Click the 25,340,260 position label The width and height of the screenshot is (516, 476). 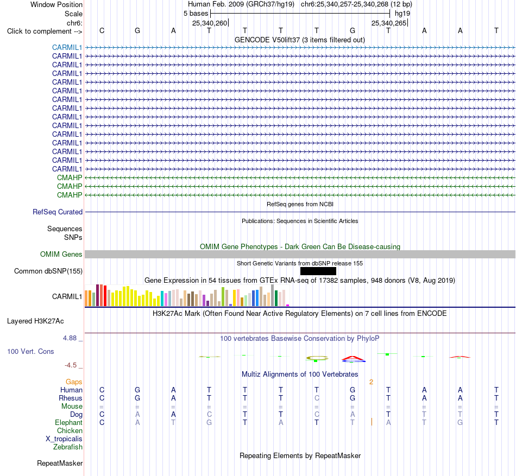(x=210, y=23)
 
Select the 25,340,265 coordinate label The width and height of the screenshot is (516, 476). (x=389, y=23)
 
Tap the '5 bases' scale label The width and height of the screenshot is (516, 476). (x=196, y=14)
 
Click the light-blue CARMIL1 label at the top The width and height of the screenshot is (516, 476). (x=67, y=47)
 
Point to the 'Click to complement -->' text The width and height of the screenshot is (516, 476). (x=45, y=31)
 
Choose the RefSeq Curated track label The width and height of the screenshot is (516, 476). (x=58, y=212)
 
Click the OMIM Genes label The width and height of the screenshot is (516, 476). (x=61, y=254)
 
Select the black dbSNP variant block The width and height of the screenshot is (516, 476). (x=318, y=271)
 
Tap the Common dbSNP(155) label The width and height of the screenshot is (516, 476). (x=48, y=271)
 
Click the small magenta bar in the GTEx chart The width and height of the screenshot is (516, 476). (x=288, y=306)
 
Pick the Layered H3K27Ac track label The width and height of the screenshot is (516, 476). (x=35, y=321)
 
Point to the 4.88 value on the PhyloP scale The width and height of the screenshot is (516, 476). (x=70, y=338)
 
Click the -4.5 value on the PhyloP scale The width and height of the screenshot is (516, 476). (x=71, y=365)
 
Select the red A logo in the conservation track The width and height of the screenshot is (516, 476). (x=353, y=358)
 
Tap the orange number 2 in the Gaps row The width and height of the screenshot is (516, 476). (x=371, y=382)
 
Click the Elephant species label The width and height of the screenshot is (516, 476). (x=68, y=422)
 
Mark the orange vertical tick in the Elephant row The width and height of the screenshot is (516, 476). (x=372, y=422)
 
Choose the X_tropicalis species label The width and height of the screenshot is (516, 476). (x=64, y=439)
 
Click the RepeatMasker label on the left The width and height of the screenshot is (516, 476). (x=60, y=463)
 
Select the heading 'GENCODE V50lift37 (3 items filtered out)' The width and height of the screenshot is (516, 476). (x=300, y=40)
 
